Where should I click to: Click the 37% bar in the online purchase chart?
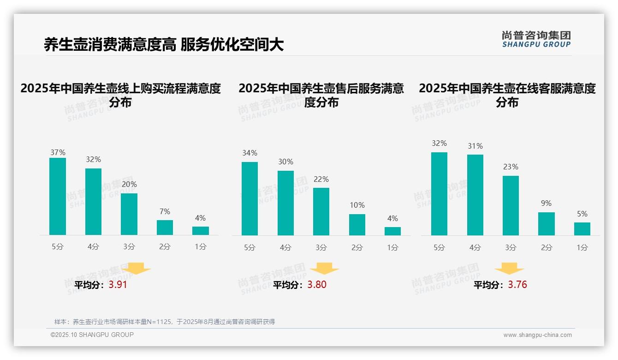58,196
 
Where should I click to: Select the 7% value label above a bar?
165,212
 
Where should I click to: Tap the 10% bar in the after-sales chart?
357,225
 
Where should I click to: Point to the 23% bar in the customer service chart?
511,205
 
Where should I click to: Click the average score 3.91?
118,285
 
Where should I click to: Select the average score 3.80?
317,285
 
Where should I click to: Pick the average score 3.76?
517,285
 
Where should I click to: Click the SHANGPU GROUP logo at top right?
536,39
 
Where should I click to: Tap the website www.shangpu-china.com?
537,335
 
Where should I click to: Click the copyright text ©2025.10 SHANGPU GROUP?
92,335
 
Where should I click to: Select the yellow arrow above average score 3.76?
509,269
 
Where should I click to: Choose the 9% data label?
546,204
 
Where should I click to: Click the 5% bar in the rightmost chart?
582,229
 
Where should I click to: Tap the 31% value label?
475,146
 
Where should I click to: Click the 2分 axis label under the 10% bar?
357,248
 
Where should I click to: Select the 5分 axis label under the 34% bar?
250,248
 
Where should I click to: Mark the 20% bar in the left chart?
129,214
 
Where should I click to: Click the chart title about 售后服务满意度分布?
321,95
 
